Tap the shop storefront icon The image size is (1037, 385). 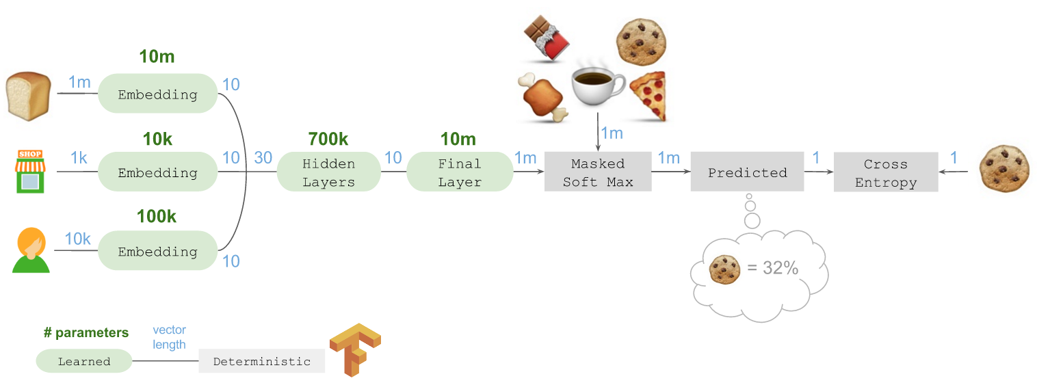(x=29, y=171)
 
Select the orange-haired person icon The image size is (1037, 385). (x=31, y=250)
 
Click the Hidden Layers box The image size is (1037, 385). (x=328, y=172)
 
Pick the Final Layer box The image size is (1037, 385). (x=460, y=172)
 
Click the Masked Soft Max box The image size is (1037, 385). (x=598, y=172)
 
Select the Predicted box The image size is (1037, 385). (x=747, y=172)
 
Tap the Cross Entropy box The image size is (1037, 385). (x=885, y=172)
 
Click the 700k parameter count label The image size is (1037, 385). (x=328, y=139)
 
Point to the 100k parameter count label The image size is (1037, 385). (x=157, y=217)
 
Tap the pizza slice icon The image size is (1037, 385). (x=647, y=96)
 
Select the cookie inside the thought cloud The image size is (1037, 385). (x=725, y=269)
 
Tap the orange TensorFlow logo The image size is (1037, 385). (x=354, y=349)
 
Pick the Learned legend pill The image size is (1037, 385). (x=84, y=361)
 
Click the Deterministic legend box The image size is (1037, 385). (x=261, y=361)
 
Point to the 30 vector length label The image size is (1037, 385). (x=263, y=157)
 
